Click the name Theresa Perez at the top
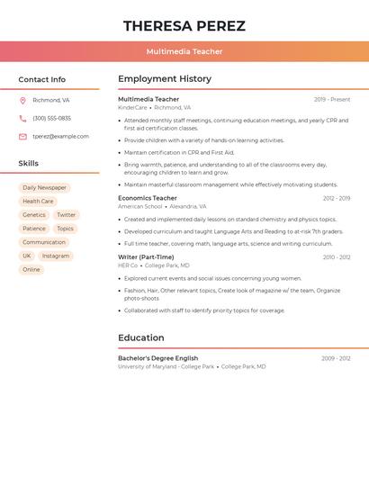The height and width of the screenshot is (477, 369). point(184,26)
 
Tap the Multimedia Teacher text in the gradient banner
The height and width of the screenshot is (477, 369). point(184,51)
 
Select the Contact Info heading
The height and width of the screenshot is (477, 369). point(41,79)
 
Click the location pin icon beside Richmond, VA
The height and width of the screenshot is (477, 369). point(22,100)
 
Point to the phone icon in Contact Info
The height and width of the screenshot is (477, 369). point(22,118)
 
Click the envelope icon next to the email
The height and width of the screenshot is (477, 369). point(22,137)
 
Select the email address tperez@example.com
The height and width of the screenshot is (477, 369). point(60,137)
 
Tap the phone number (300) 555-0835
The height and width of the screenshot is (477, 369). point(51,118)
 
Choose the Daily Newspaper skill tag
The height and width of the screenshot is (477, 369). point(44,188)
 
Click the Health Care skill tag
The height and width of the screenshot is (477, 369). point(38,202)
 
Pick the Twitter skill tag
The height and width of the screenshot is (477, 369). point(67,215)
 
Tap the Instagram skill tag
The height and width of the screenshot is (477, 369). point(55,256)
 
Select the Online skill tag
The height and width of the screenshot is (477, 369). point(31,270)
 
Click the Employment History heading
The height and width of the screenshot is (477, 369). point(165,79)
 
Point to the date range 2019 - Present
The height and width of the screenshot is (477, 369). point(332,99)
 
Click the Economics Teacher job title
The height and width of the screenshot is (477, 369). point(148,198)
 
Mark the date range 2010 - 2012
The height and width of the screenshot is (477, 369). point(337,257)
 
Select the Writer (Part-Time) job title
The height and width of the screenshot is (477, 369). point(146,257)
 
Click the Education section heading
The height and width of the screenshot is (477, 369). point(140,338)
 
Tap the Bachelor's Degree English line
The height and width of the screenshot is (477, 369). point(157,358)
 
